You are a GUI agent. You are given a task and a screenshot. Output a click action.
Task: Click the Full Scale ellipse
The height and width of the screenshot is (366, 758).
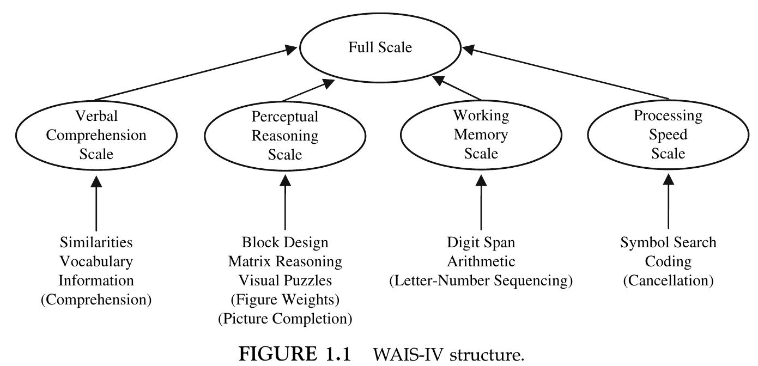tap(380, 47)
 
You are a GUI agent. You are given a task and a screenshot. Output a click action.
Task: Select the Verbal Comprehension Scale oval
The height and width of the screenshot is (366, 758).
tap(96, 135)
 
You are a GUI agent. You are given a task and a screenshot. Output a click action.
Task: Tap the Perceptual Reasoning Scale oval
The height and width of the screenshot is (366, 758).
tap(284, 135)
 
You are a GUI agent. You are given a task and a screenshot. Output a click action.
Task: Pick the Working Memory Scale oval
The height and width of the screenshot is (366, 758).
tap(481, 134)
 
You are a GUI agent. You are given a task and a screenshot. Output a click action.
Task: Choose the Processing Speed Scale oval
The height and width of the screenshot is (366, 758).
tap(668, 134)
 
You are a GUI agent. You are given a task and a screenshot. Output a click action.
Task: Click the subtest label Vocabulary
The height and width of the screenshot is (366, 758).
tap(96, 261)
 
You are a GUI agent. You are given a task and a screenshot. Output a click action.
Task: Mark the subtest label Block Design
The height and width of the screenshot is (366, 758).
tap(285, 242)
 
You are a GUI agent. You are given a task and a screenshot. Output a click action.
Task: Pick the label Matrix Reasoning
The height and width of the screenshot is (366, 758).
tap(285, 261)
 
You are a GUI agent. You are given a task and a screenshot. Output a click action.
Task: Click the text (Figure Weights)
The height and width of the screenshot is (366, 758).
tap(285, 300)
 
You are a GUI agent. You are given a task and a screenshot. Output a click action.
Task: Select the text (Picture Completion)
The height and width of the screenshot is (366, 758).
tap(285, 319)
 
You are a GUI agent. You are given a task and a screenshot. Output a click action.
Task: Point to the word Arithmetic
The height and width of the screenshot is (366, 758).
tap(481, 261)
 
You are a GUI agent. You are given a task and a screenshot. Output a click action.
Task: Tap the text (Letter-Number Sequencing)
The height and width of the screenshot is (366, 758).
tap(481, 280)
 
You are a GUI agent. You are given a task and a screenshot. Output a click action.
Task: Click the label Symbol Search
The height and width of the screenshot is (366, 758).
tap(668, 242)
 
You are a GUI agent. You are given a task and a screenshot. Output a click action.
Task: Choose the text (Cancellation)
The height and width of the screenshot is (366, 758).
tap(668, 280)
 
